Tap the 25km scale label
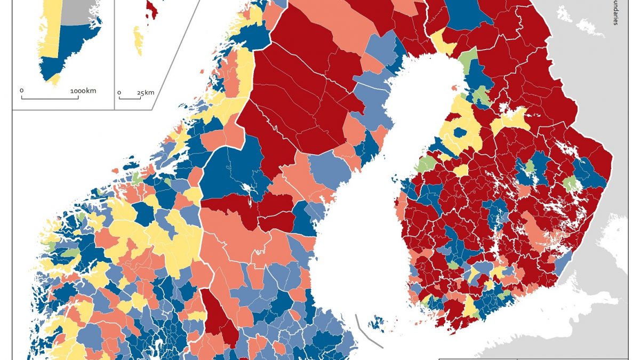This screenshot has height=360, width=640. tap(145, 92)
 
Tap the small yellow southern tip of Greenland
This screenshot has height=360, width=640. tap(54, 80)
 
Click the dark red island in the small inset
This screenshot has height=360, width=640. tap(151, 9)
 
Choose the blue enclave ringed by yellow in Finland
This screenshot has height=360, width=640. tap(459, 133)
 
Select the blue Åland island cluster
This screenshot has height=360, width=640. tap(379, 322)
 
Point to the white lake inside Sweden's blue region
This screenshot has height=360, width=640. tap(246, 189)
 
